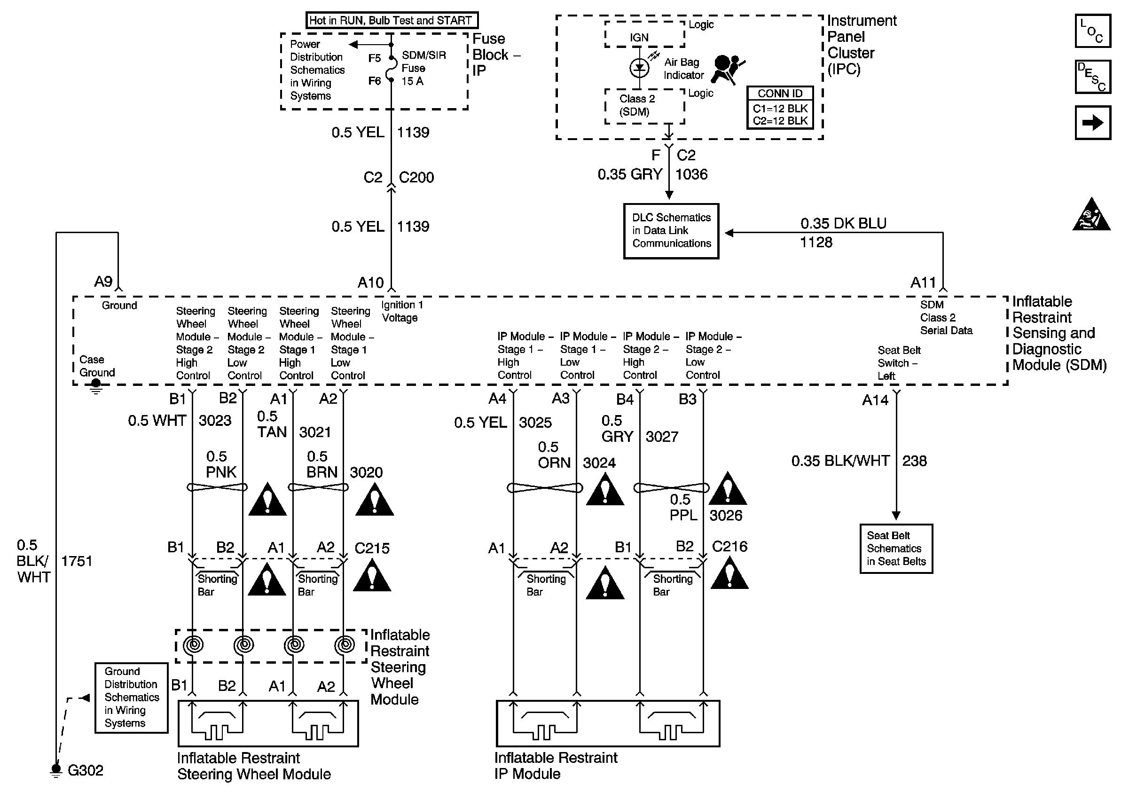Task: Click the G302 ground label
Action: (x=85, y=770)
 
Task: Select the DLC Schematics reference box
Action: (x=671, y=231)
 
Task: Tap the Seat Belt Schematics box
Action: (x=896, y=549)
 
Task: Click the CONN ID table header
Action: (x=780, y=94)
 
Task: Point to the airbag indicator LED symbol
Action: (x=639, y=68)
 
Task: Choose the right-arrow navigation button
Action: (x=1093, y=122)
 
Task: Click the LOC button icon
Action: (x=1093, y=31)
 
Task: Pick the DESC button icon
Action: (x=1093, y=77)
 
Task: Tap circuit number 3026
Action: (x=726, y=515)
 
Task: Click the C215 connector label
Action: (x=372, y=548)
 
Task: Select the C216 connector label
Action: (x=730, y=547)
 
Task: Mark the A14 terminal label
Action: (x=875, y=400)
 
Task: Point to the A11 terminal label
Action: (x=923, y=282)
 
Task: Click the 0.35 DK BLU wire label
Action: (x=843, y=224)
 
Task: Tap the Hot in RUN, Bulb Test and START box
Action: (x=392, y=21)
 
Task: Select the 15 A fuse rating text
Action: (x=412, y=82)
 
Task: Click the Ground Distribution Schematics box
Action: (x=131, y=697)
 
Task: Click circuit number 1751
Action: (x=77, y=561)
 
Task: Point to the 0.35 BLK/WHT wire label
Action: (x=840, y=461)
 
